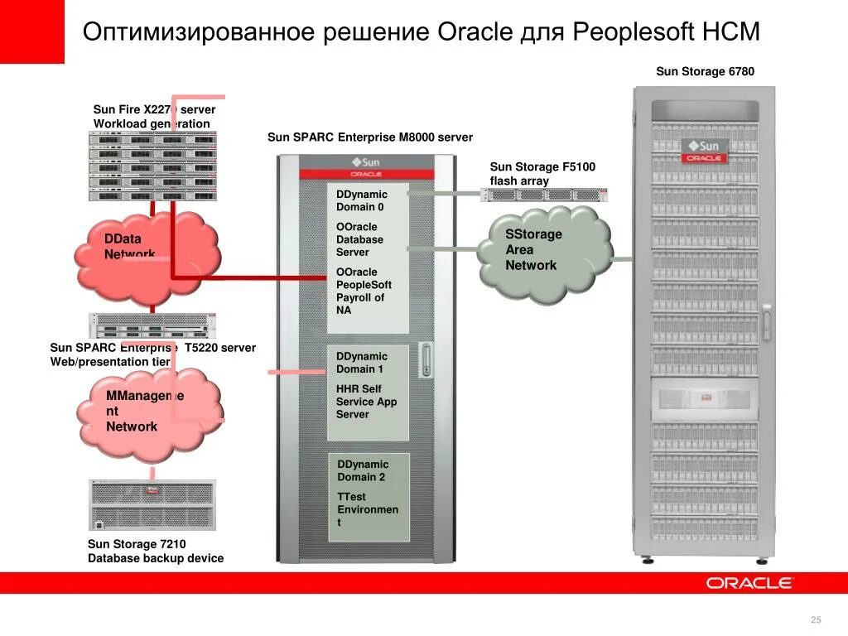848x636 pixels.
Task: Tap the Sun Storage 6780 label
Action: [x=705, y=71]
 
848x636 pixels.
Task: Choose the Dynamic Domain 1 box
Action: [x=368, y=393]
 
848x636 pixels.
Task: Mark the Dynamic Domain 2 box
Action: [x=369, y=497]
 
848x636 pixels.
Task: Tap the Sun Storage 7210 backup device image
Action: [x=152, y=504]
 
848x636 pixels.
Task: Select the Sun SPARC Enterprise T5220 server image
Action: [x=152, y=325]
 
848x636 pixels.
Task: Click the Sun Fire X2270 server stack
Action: [x=152, y=166]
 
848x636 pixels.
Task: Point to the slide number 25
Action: [x=816, y=621]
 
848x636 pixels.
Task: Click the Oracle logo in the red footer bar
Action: [x=749, y=583]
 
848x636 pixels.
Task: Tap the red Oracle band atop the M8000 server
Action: [x=365, y=175]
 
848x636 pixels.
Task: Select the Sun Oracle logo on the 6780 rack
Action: [x=703, y=150]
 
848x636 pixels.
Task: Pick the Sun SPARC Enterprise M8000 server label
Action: [x=370, y=137]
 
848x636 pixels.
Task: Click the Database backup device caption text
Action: [x=156, y=558]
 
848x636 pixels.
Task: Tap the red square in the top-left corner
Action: [x=31, y=31]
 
